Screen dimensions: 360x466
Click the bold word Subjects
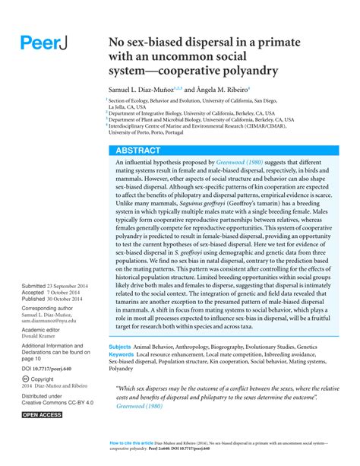(x=122, y=346)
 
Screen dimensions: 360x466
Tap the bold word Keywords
(x=124, y=354)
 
